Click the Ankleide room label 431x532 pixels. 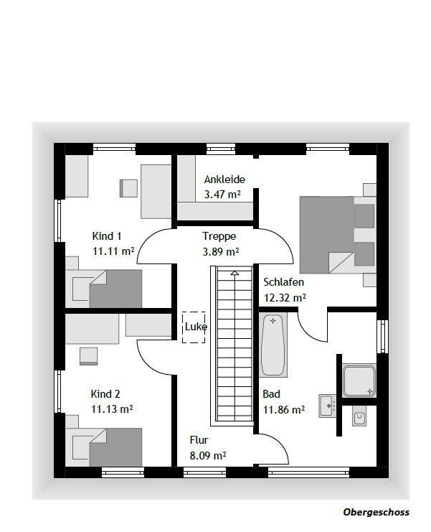[224, 179]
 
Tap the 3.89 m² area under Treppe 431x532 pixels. [221, 252]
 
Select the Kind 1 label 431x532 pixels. [106, 235]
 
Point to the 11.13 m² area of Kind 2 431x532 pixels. [112, 409]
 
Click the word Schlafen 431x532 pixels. [283, 282]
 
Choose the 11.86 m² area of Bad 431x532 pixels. [284, 410]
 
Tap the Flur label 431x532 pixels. [199, 440]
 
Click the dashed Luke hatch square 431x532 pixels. [194, 327]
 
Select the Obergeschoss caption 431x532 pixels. [376, 512]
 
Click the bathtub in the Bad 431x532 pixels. [273, 345]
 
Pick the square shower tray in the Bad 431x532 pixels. [359, 381]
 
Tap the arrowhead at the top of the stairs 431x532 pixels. [235, 273]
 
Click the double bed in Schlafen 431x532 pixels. [338, 235]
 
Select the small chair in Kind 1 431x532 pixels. [128, 188]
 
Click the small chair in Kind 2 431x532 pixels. [89, 356]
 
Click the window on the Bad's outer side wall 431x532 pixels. [382, 336]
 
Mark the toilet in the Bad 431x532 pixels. [359, 416]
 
